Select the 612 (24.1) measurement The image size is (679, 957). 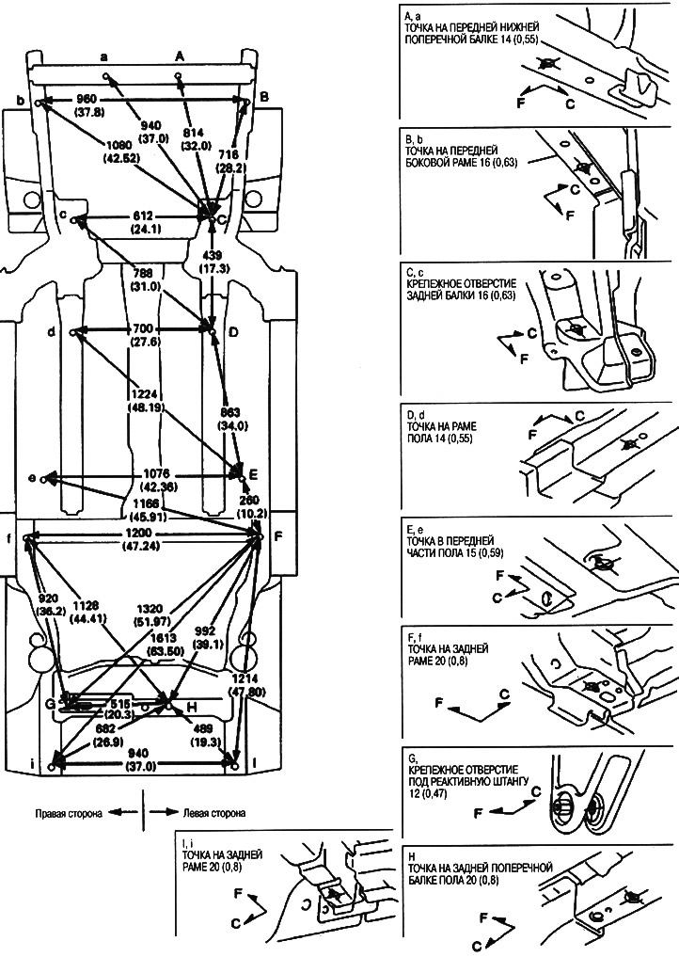coord(143,221)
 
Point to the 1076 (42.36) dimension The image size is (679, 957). coord(143,480)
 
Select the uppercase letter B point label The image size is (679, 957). coord(265,96)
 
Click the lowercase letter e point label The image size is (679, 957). coord(33,479)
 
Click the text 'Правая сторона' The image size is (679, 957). coord(65,811)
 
